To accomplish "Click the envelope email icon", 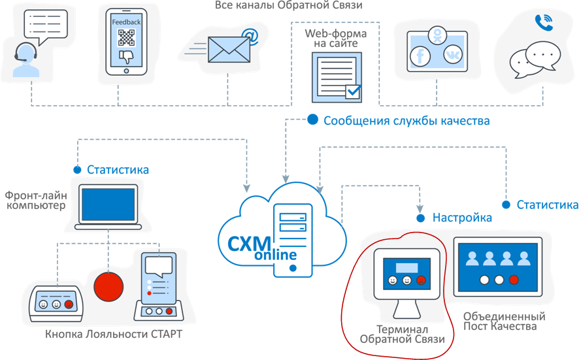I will [x=229, y=50].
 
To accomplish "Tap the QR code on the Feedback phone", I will [x=126, y=37].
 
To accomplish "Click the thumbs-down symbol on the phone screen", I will [x=126, y=56].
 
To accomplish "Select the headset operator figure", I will [x=24, y=59].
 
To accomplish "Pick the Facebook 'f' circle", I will [x=419, y=56].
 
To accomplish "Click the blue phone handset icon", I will [x=543, y=23].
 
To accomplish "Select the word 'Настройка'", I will [x=462, y=218].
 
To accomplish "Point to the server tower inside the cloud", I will [x=293, y=238].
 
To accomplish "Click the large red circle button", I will [x=108, y=286].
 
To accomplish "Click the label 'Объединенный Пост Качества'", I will [x=504, y=321].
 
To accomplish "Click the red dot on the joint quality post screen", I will [x=514, y=280].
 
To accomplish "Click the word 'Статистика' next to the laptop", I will [x=118, y=170].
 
